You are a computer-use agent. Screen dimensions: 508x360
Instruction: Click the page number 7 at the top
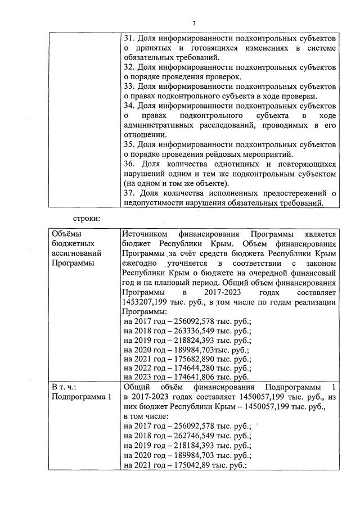(193, 23)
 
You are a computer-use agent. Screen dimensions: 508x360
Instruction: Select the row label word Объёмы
(66, 234)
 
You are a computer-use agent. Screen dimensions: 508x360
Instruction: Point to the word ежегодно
(141, 263)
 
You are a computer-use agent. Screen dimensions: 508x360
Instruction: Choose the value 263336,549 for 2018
(192, 331)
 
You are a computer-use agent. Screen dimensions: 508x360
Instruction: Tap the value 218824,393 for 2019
(192, 341)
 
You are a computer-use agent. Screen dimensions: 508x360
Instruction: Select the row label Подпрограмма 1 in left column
(82, 397)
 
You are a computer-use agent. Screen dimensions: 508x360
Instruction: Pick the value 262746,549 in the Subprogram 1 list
(192, 436)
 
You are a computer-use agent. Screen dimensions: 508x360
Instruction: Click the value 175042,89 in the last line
(190, 465)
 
